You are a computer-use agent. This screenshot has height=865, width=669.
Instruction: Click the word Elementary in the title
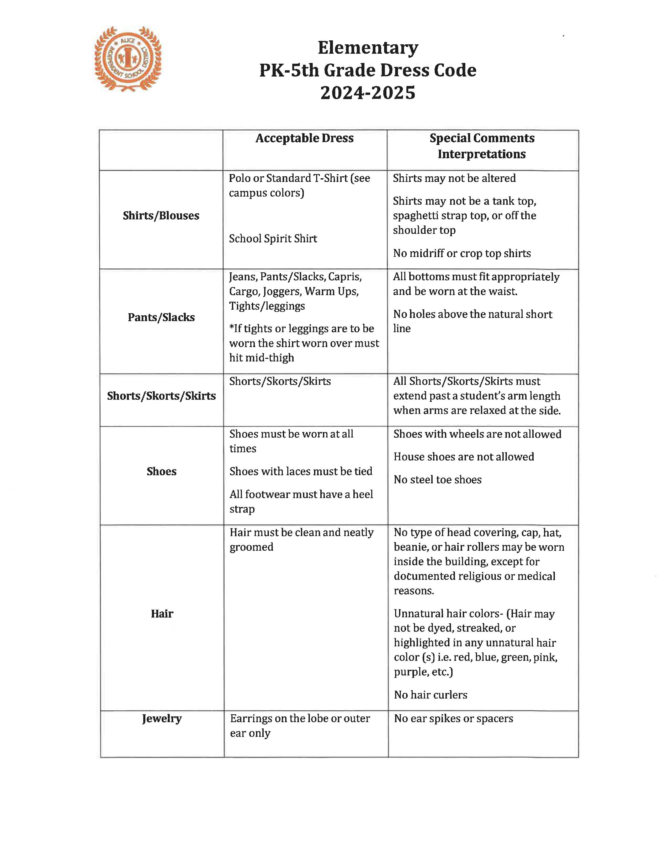368,48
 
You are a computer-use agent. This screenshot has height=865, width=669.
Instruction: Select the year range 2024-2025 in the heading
368,93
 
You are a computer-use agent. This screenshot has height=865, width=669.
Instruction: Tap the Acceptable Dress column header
304,138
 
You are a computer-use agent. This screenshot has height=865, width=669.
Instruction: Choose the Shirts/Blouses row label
161,215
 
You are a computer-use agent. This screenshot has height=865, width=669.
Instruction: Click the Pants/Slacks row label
161,317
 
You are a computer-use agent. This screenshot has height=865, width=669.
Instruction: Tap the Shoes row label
161,471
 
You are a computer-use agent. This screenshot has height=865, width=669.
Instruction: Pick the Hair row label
162,614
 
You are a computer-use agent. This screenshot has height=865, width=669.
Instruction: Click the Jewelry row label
162,718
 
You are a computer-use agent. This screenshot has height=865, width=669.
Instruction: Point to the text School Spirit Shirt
273,239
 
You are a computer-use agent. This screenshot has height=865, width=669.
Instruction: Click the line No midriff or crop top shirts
462,253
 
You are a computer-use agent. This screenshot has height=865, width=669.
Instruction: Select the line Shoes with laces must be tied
301,471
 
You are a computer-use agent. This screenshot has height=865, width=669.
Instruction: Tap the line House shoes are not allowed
464,457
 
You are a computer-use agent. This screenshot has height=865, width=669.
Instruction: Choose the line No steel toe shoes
438,480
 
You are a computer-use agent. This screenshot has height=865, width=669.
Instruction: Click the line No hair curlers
431,695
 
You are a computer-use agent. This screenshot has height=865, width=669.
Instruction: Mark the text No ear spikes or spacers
453,718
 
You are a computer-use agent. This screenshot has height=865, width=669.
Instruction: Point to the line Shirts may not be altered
454,178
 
